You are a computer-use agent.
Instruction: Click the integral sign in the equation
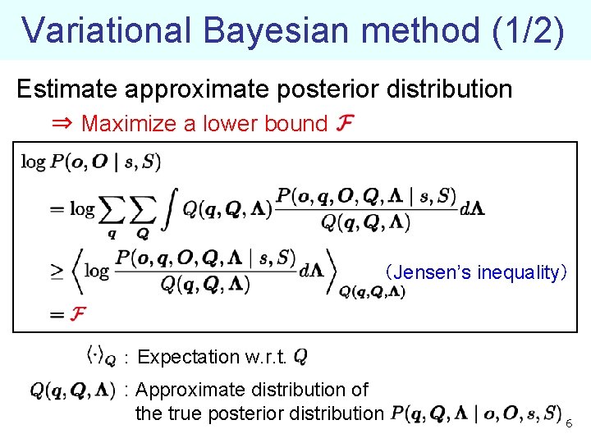click(169, 209)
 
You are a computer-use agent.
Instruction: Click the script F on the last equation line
click(79, 314)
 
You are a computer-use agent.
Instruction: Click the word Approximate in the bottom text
click(189, 390)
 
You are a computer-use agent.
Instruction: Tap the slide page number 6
click(570, 422)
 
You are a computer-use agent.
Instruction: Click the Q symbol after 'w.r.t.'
click(300, 357)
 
